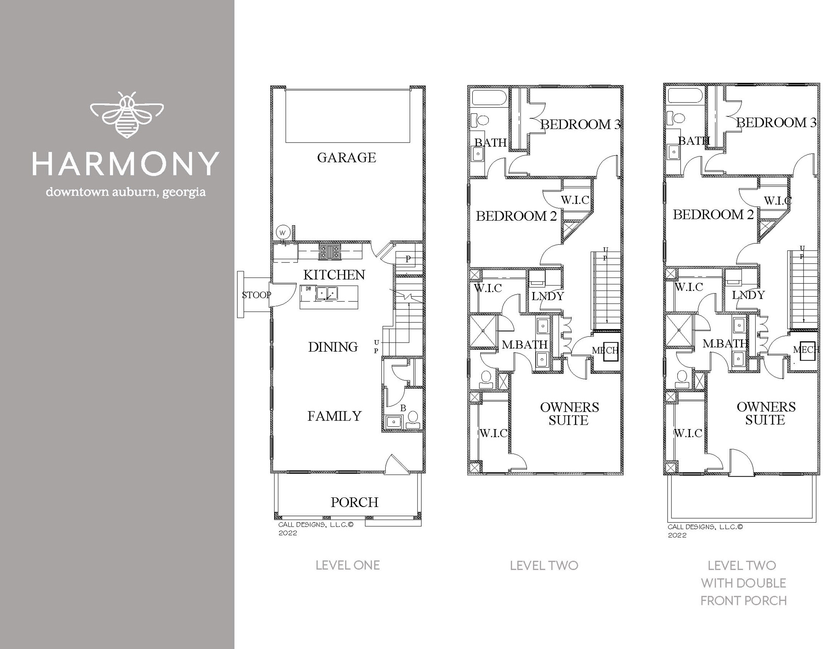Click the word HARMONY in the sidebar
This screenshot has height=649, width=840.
tap(126, 164)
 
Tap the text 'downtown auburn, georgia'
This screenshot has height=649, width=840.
tap(126, 192)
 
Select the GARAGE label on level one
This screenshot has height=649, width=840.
tap(346, 158)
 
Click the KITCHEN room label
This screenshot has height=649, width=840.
tap(334, 275)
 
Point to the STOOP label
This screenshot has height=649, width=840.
tap(256, 295)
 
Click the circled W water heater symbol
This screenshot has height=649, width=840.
tap(283, 233)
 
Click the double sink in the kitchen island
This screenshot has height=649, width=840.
tap(327, 294)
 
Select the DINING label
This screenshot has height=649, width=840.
tap(333, 347)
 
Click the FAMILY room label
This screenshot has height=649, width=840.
tap(334, 416)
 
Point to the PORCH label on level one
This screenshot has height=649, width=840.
tap(354, 502)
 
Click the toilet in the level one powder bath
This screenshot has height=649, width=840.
tap(413, 419)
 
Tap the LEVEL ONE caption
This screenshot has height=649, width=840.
tap(347, 565)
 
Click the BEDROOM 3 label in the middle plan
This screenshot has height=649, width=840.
tap(580, 124)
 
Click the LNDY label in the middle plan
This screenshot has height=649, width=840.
tap(548, 296)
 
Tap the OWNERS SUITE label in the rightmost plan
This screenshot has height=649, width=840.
tap(765, 413)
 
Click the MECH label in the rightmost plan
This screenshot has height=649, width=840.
tap(806, 350)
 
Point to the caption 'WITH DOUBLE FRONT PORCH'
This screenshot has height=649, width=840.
tap(743, 592)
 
